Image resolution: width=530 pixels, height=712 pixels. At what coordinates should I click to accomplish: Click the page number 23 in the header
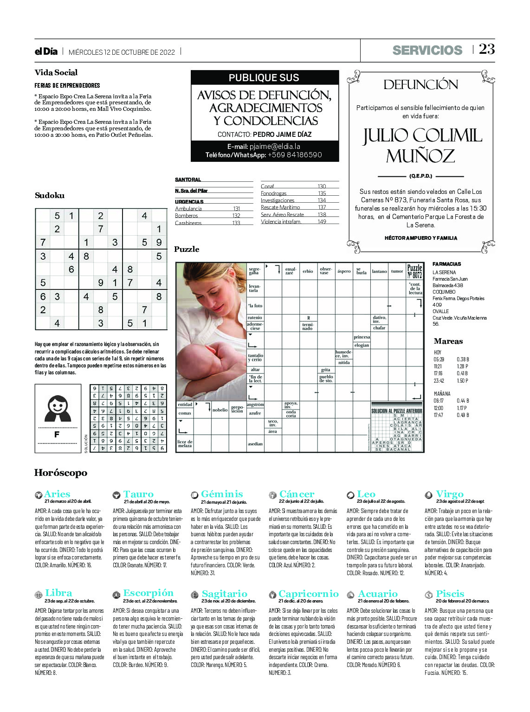click(x=487, y=49)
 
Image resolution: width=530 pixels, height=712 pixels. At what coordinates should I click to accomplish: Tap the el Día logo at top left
click(x=46, y=51)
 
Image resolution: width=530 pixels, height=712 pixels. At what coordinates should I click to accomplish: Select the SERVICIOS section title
click(x=427, y=50)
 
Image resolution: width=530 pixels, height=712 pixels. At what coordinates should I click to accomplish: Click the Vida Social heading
click(x=56, y=72)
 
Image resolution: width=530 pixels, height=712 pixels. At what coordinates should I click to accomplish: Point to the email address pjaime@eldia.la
click(x=275, y=147)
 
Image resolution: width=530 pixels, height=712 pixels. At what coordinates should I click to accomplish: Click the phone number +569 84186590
click(x=295, y=155)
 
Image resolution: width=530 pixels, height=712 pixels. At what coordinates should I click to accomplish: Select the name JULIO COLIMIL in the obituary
click(x=422, y=136)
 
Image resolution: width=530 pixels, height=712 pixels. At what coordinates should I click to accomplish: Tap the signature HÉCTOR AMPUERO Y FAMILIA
click(x=421, y=238)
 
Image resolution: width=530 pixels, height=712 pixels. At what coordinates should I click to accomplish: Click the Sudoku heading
click(x=50, y=195)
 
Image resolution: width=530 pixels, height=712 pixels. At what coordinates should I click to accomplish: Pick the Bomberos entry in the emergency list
click(x=186, y=216)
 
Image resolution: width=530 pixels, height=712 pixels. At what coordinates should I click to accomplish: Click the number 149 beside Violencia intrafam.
click(x=322, y=222)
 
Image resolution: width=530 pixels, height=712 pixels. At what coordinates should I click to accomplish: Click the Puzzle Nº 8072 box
click(x=414, y=271)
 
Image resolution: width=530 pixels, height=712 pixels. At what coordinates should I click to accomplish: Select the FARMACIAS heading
click(x=446, y=264)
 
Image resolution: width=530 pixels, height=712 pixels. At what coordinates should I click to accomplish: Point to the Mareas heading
click(x=448, y=341)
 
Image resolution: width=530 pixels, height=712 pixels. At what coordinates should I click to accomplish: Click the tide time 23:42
click(x=439, y=381)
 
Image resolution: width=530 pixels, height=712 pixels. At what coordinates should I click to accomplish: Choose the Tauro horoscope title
click(x=138, y=494)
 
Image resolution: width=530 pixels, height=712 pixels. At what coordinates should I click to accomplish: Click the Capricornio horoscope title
click(x=308, y=594)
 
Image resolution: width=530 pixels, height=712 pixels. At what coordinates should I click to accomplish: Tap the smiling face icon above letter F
click(x=58, y=407)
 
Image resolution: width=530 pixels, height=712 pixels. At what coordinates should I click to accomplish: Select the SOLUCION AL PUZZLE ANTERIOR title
click(x=397, y=411)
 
